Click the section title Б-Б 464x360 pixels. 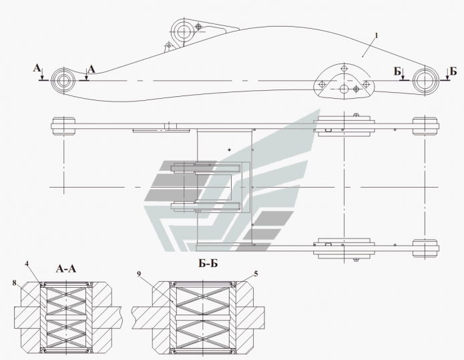click(209, 263)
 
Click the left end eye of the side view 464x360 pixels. click(65, 79)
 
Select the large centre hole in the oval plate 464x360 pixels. click(344, 88)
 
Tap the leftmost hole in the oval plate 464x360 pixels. click(322, 84)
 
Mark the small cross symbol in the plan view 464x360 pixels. click(229, 151)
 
